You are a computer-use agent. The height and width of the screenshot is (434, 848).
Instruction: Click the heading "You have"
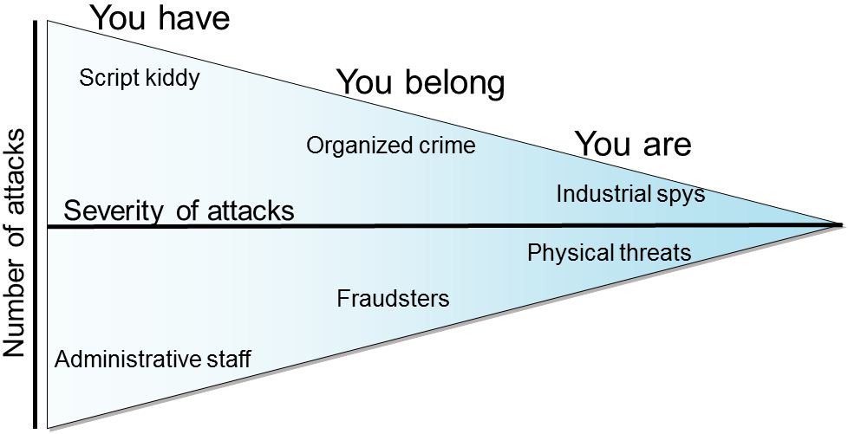tap(160, 17)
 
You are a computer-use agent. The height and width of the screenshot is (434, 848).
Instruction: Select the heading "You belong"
tap(420, 83)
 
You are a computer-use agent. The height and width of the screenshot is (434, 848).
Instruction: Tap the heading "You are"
tap(632, 145)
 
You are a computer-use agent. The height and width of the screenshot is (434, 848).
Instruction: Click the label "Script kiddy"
tap(139, 79)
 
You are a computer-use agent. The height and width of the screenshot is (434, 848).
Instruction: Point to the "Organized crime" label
tap(391, 146)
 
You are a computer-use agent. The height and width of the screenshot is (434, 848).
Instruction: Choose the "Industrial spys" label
tap(630, 194)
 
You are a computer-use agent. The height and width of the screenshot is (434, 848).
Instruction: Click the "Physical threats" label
tap(609, 253)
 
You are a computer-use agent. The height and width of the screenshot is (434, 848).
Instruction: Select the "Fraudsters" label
tap(393, 300)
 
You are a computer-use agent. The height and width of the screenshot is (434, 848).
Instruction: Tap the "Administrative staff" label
tap(153, 360)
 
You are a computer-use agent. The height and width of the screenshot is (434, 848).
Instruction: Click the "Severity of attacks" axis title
tap(179, 211)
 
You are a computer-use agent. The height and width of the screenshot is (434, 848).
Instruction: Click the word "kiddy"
tap(176, 79)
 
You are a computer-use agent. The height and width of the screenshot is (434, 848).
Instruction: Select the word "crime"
tap(447, 146)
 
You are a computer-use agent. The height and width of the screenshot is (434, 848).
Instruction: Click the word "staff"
tap(230, 360)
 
